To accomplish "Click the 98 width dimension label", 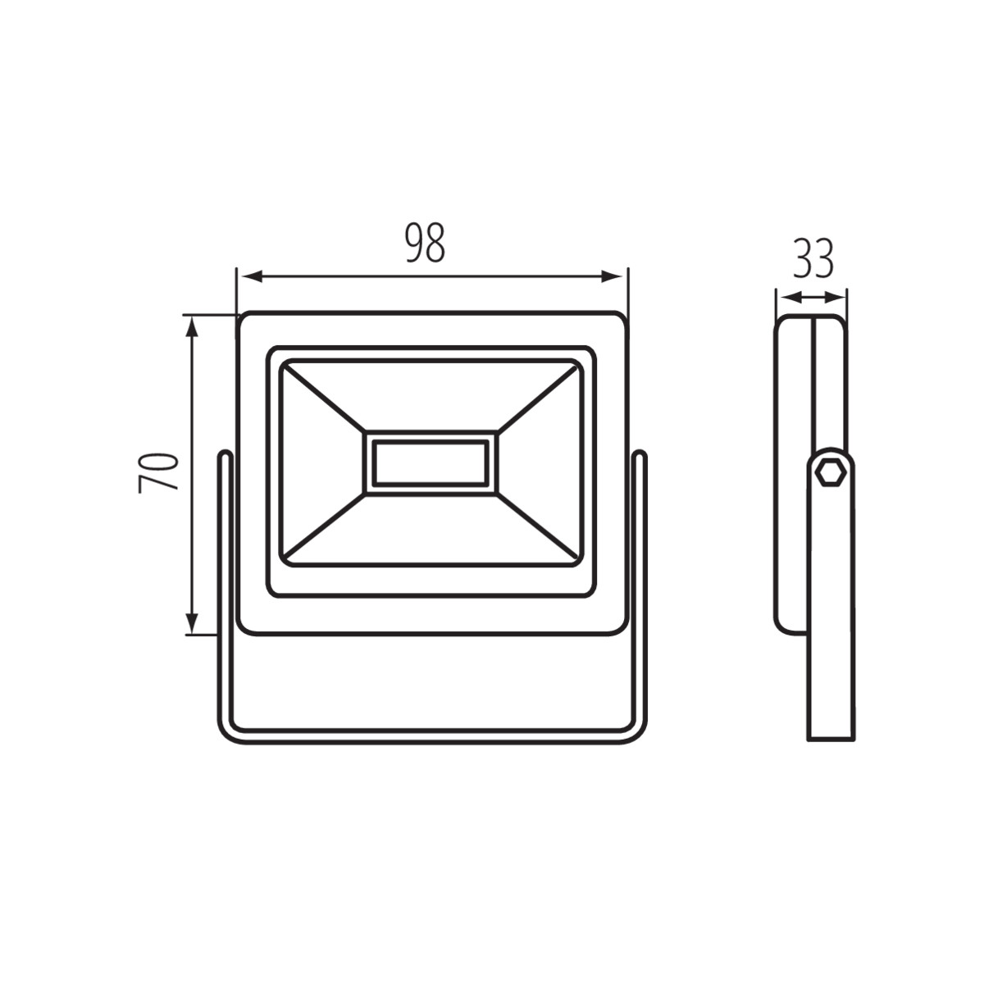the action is coord(426,243).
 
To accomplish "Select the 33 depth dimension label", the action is coord(813,257).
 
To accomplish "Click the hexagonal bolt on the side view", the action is coord(831,473).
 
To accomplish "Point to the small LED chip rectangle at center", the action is coord(430,462).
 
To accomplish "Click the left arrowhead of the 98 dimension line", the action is coord(253,277).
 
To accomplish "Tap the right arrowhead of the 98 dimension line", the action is coord(613,277).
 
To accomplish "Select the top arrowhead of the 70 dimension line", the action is coord(192,327).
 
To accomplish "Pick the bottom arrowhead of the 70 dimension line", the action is coord(192,623).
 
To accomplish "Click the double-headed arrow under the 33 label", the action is coord(811,297).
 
